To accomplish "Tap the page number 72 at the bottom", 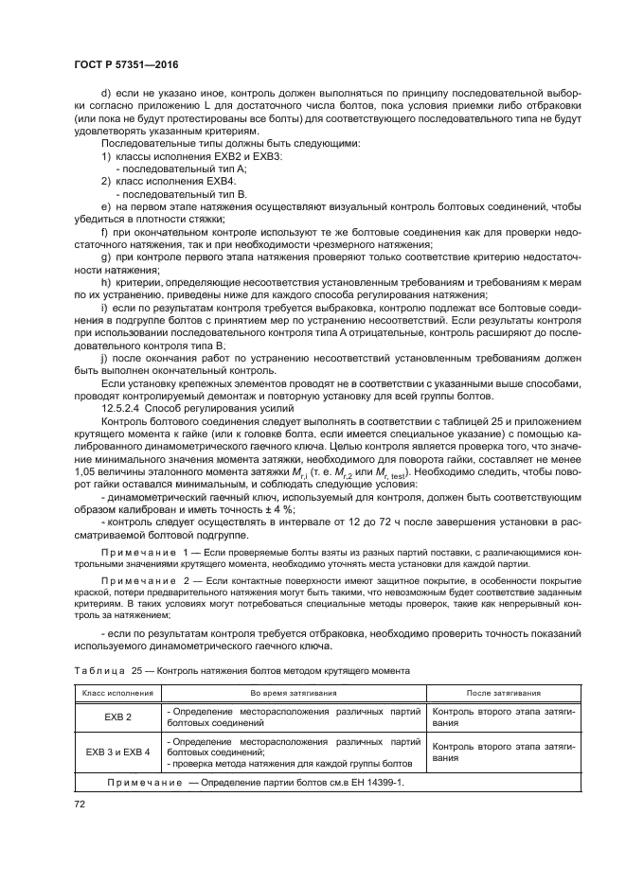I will click(x=80, y=804).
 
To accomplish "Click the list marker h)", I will click(x=106, y=281).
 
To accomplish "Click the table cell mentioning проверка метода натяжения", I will click(x=289, y=762).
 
